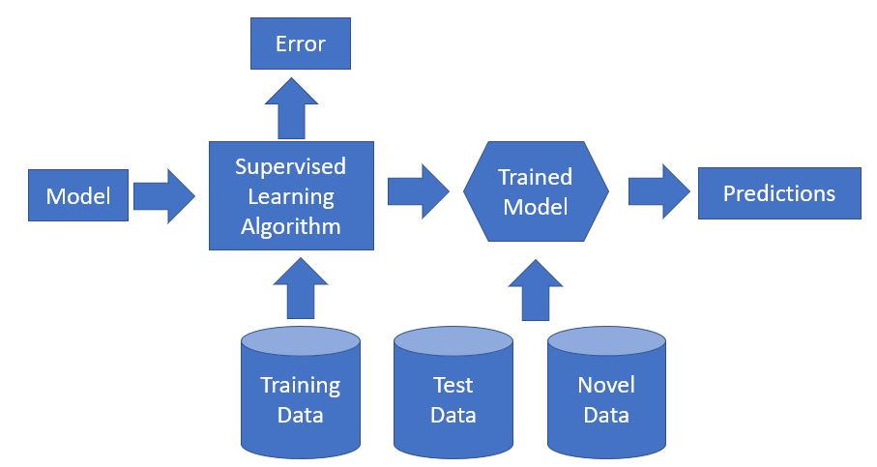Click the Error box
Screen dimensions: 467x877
point(300,44)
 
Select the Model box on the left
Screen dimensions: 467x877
point(78,196)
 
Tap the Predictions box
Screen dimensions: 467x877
point(779,193)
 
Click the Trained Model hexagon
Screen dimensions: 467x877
point(537,192)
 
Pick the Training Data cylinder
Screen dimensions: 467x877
point(300,396)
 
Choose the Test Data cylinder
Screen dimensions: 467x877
point(453,396)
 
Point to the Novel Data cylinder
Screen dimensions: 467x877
point(606,396)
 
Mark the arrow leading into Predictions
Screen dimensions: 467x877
point(658,190)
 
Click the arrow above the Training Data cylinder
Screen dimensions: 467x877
point(300,288)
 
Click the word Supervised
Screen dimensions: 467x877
point(290,166)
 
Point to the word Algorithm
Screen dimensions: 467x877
point(290,227)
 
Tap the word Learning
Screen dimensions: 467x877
point(290,196)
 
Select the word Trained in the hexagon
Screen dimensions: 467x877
point(535,177)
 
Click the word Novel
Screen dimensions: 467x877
point(606,385)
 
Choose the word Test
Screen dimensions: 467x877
point(453,385)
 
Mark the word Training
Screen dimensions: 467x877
point(300,385)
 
